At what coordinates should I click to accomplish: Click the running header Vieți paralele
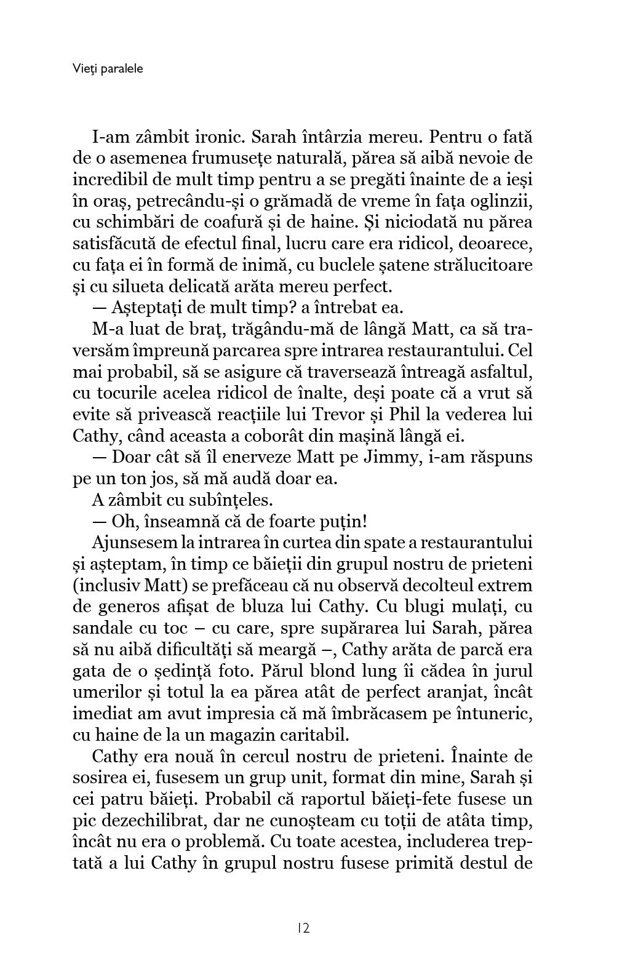(x=107, y=69)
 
